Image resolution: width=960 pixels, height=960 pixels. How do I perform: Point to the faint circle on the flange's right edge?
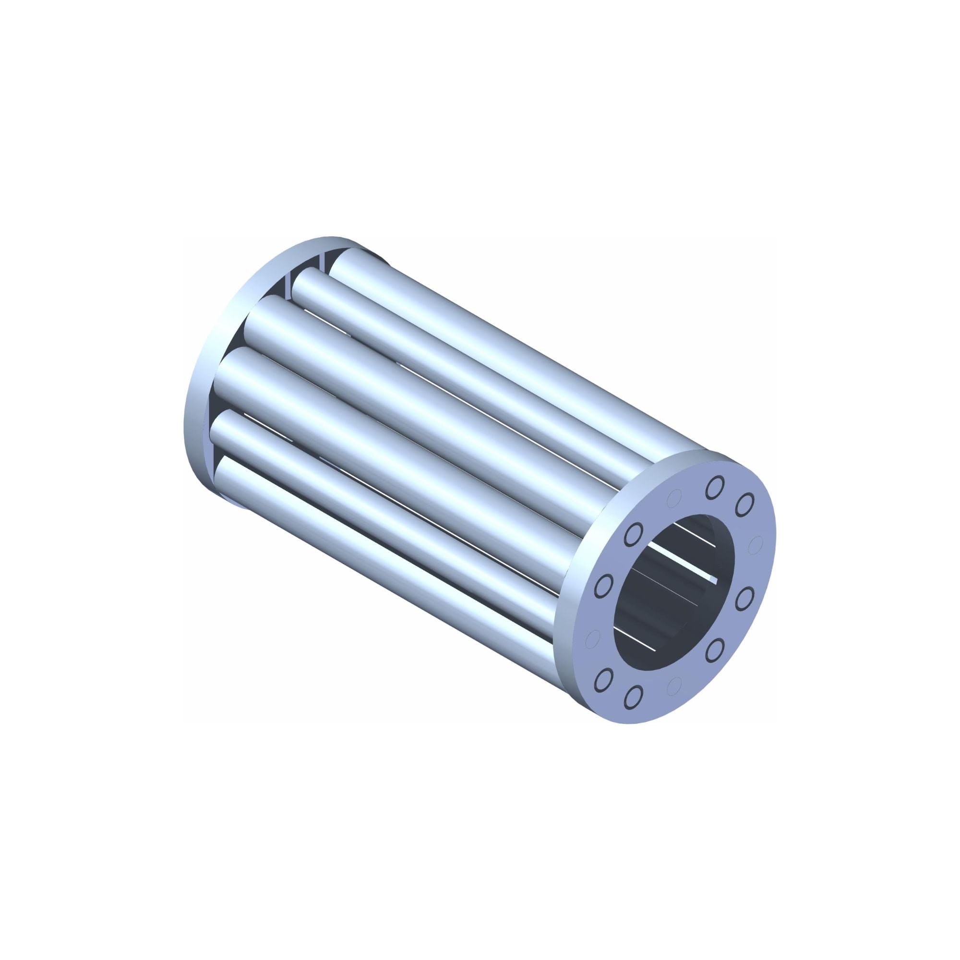pyautogui.click(x=757, y=542)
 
